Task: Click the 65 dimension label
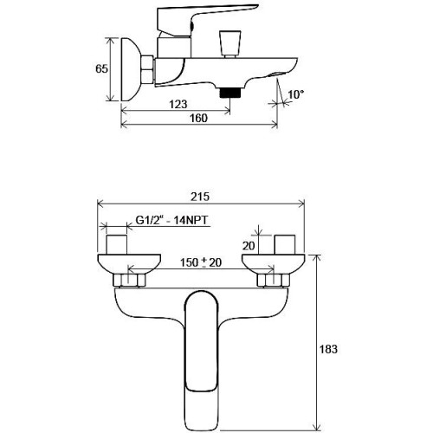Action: (101, 68)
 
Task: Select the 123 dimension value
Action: (178, 104)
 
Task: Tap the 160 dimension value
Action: (198, 118)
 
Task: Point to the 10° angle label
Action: (296, 94)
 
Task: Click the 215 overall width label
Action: (200, 197)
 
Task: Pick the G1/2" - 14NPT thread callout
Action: (171, 221)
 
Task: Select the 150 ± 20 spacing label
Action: (201, 262)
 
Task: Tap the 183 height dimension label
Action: (328, 349)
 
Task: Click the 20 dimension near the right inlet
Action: (249, 246)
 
